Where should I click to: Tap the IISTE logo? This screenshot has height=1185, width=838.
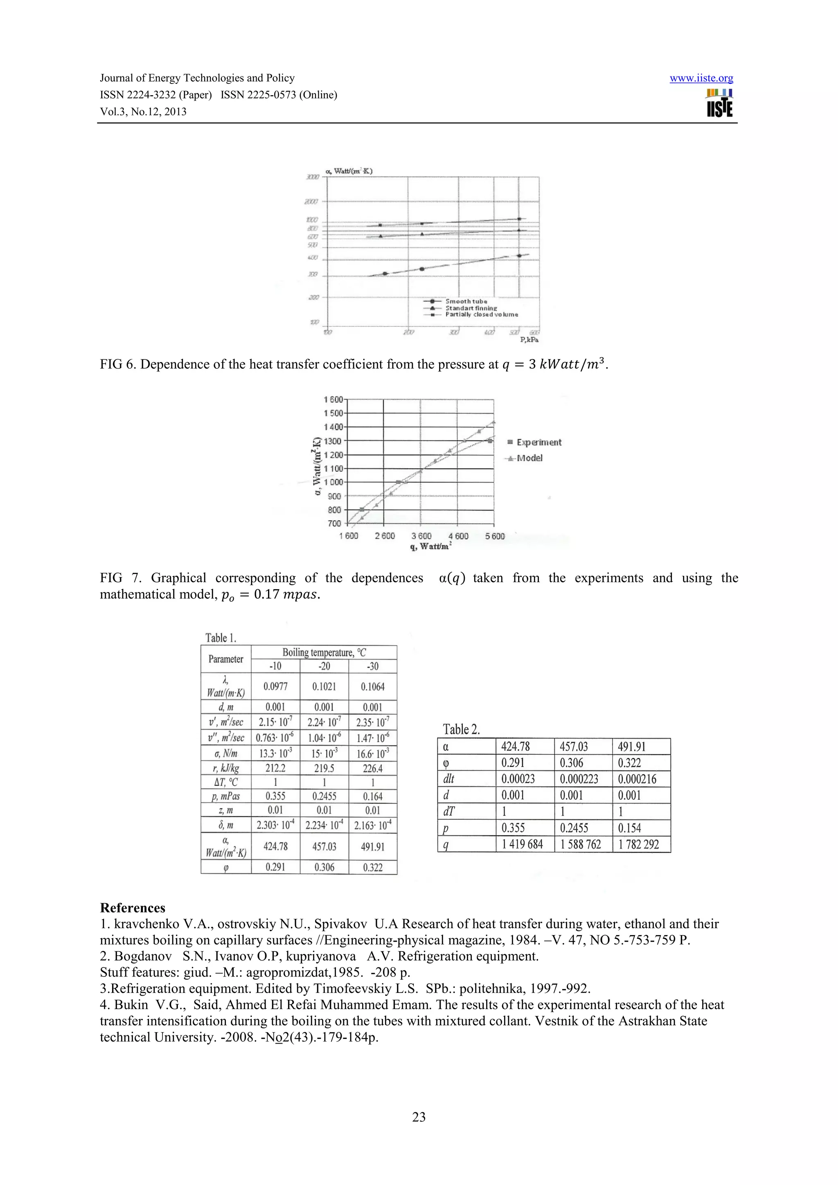point(719,103)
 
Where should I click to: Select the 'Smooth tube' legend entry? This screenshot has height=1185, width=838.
point(466,301)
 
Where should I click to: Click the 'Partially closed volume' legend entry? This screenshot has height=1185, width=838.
point(481,314)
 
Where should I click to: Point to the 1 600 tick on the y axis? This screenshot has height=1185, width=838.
point(333,399)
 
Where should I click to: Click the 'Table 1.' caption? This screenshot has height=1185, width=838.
point(221,638)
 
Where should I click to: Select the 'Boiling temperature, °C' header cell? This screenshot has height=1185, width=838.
point(324,652)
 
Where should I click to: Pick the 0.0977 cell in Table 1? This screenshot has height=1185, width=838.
point(275,687)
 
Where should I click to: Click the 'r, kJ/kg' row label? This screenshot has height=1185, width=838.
point(225,768)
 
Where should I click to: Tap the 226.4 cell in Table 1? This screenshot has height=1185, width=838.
point(372,768)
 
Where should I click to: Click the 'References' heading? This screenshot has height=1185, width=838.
point(133,908)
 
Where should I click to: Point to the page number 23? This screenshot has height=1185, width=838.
point(419,1117)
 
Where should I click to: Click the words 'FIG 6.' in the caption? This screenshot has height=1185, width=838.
point(118,364)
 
